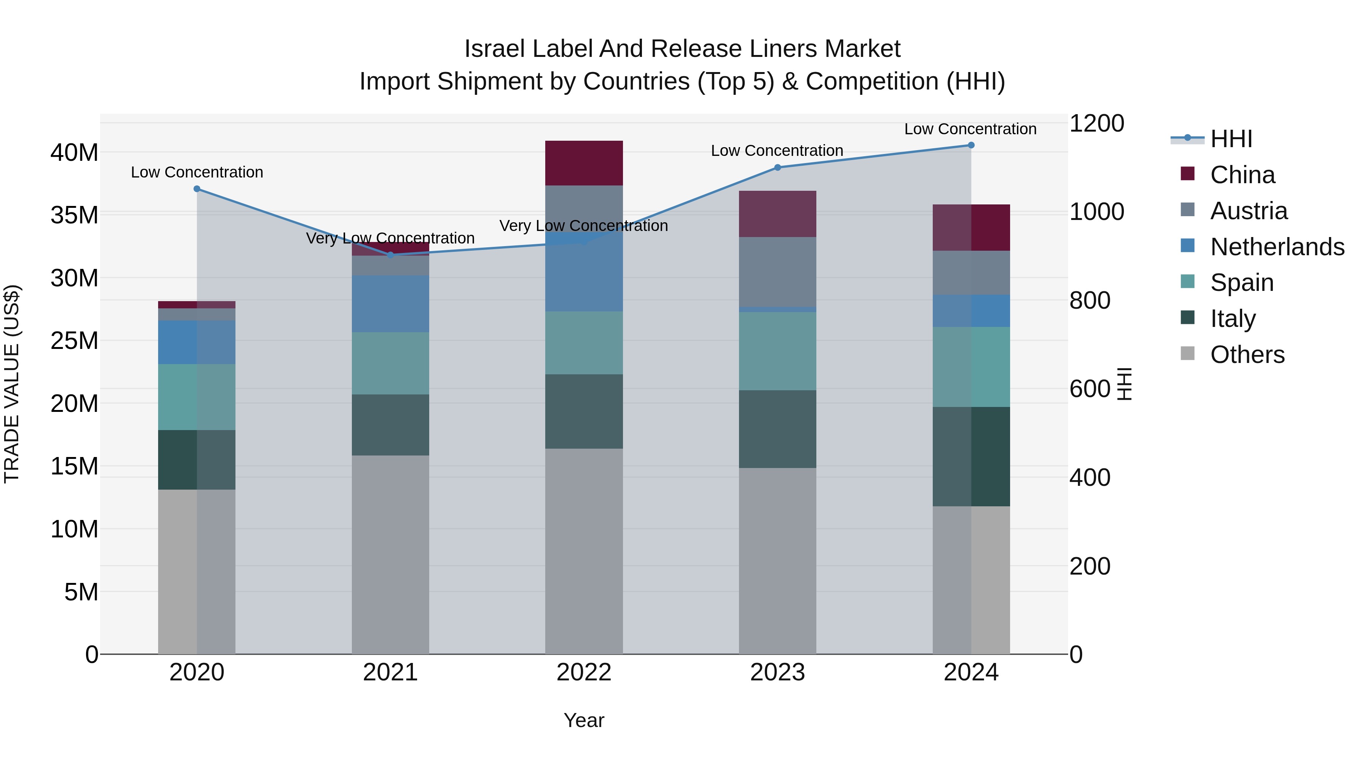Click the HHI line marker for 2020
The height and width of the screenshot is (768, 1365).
196,189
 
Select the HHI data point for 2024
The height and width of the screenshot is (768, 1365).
971,145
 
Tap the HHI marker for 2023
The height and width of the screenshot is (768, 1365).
777,168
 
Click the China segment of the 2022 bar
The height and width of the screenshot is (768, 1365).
584,163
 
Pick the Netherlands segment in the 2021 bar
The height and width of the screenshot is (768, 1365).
391,304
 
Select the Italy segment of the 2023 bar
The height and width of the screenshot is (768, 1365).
777,429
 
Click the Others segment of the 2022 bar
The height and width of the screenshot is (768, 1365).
584,551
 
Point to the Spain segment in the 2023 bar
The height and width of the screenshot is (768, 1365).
777,351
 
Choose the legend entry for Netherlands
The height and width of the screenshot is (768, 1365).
1277,247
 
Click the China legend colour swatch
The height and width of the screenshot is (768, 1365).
1188,174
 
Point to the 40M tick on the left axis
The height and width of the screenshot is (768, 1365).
74,152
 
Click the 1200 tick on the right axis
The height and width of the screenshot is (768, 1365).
1096,124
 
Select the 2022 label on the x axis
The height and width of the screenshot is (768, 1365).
584,672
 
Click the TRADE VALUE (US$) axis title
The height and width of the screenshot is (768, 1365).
12,384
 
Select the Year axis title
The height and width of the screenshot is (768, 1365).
584,720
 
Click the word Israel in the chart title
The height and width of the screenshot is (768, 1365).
494,49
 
